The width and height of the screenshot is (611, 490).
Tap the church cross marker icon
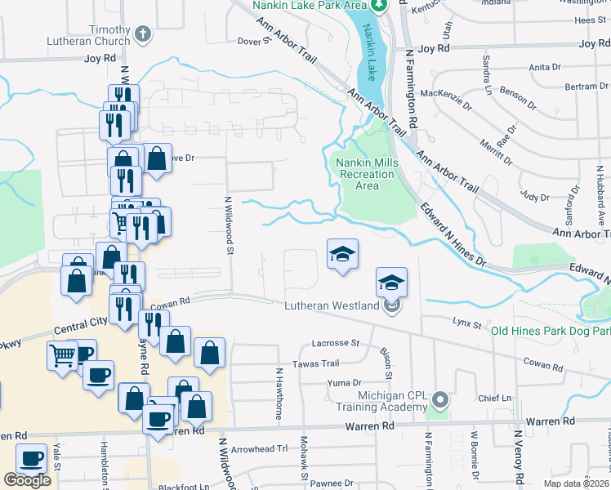pyautogui.click(x=144, y=33)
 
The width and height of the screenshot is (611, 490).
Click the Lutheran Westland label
pyautogui.click(x=331, y=306)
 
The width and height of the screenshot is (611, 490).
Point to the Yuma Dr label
pyautogui.click(x=344, y=382)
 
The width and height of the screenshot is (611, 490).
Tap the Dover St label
pyautogui.click(x=254, y=40)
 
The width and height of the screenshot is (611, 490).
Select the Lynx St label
pyautogui.click(x=467, y=324)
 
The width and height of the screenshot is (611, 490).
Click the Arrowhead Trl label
pyautogui.click(x=261, y=448)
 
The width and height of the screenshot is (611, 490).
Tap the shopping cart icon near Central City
pyautogui.click(x=64, y=357)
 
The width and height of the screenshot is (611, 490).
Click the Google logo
pyautogui.click(x=27, y=479)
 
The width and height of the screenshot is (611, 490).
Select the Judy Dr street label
pyautogui.click(x=535, y=197)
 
